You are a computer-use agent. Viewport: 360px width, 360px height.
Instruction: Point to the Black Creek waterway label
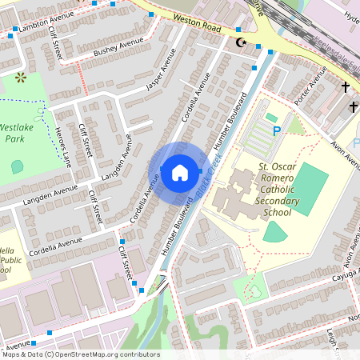tap(210, 174)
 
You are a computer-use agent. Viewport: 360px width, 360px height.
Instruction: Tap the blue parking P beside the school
tap(277, 130)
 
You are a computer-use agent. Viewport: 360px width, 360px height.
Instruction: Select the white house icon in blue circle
tap(179, 172)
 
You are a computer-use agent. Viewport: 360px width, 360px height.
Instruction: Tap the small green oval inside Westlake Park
tap(18, 166)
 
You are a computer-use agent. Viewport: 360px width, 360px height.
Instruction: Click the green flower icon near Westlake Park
tap(20, 78)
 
